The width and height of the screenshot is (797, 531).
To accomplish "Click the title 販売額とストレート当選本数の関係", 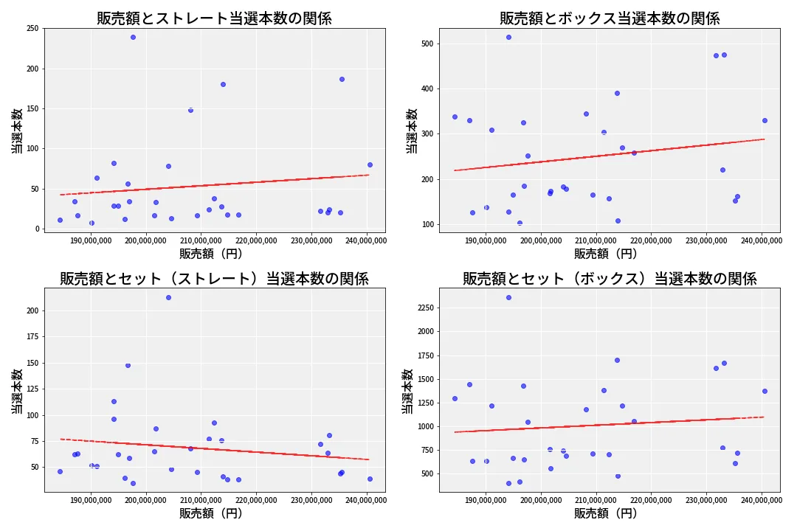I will pyautogui.click(x=214, y=18).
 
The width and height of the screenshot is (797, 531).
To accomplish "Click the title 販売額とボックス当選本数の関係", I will pyautogui.click(x=610, y=18).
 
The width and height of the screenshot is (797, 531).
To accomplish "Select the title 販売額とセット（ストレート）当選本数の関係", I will pyautogui.click(x=214, y=279).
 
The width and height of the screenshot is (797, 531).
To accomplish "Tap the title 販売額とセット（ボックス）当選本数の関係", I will pyautogui.click(x=610, y=279).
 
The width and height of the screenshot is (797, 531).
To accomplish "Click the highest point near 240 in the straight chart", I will pyautogui.click(x=133, y=37).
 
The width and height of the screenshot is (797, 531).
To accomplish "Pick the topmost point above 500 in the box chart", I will pyautogui.click(x=508, y=37).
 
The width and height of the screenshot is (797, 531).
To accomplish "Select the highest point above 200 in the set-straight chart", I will pyautogui.click(x=168, y=297).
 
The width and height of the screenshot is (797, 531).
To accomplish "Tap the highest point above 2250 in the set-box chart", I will pyautogui.click(x=508, y=297).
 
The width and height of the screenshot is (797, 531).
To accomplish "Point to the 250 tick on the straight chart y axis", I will pyautogui.click(x=32, y=29).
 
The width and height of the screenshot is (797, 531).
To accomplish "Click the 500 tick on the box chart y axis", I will pyautogui.click(x=427, y=44).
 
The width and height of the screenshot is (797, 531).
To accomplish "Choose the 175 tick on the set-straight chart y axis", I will pyautogui.click(x=32, y=337).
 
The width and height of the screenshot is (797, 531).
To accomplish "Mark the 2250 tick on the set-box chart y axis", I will pyautogui.click(x=422, y=308).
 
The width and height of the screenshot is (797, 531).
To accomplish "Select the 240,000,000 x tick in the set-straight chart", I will pyautogui.click(x=366, y=501).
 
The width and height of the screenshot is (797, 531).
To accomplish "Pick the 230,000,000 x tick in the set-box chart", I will pyautogui.click(x=706, y=501).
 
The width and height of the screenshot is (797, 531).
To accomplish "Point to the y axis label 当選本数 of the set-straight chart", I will pyautogui.click(x=16, y=391).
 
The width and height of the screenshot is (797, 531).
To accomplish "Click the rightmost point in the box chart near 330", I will pyautogui.click(x=765, y=120).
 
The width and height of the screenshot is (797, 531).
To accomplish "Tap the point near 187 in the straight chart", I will pyautogui.click(x=342, y=79).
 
